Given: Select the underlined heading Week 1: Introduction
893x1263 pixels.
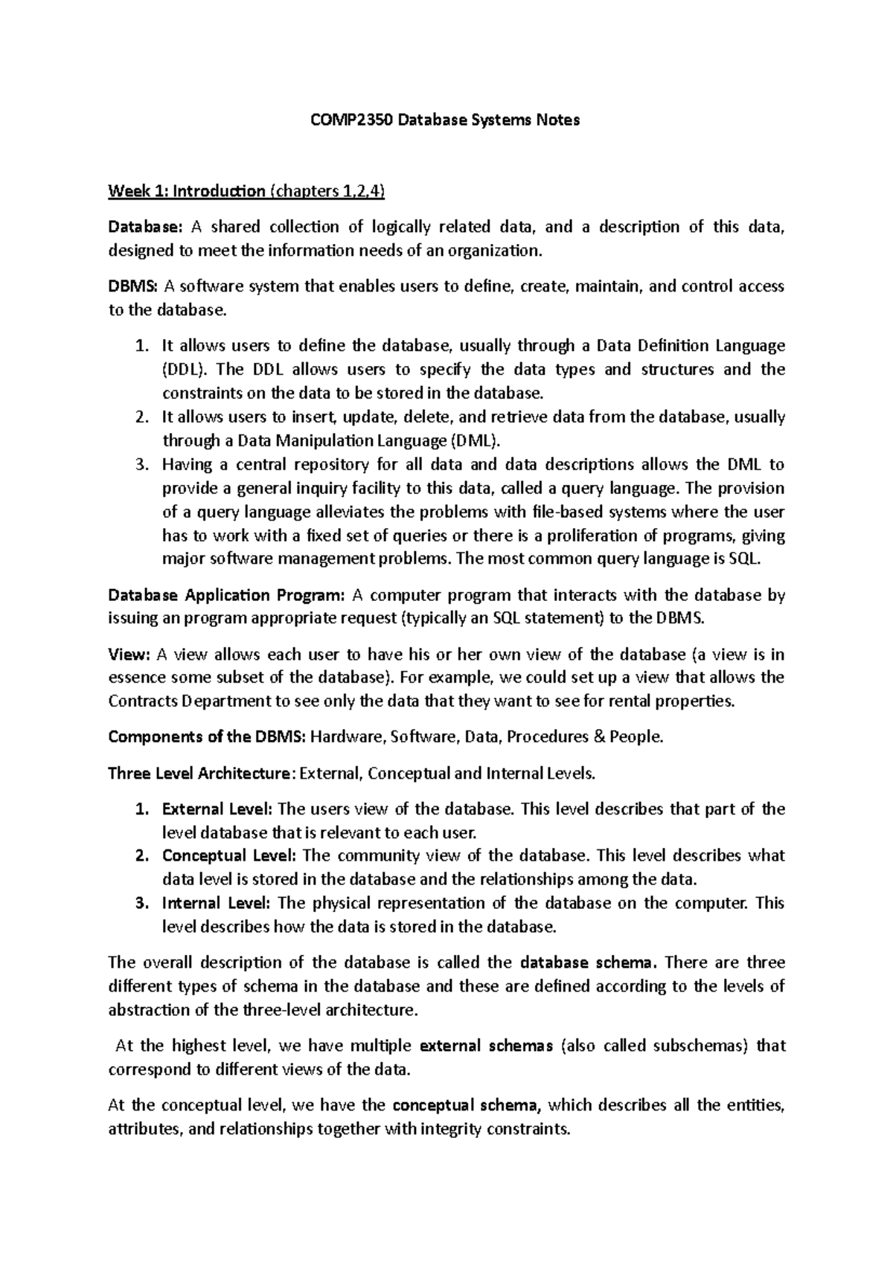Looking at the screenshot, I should [186, 191].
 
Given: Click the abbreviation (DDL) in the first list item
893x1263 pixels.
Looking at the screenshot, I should [187, 370].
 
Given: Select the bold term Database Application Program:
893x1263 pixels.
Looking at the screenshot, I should [227, 595].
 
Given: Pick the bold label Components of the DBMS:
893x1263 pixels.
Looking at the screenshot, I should [207, 737].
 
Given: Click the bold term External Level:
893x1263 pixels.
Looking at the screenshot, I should [217, 809].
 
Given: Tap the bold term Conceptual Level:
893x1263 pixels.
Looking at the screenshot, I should [228, 855].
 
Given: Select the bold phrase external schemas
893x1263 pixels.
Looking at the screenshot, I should [486, 1046].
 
